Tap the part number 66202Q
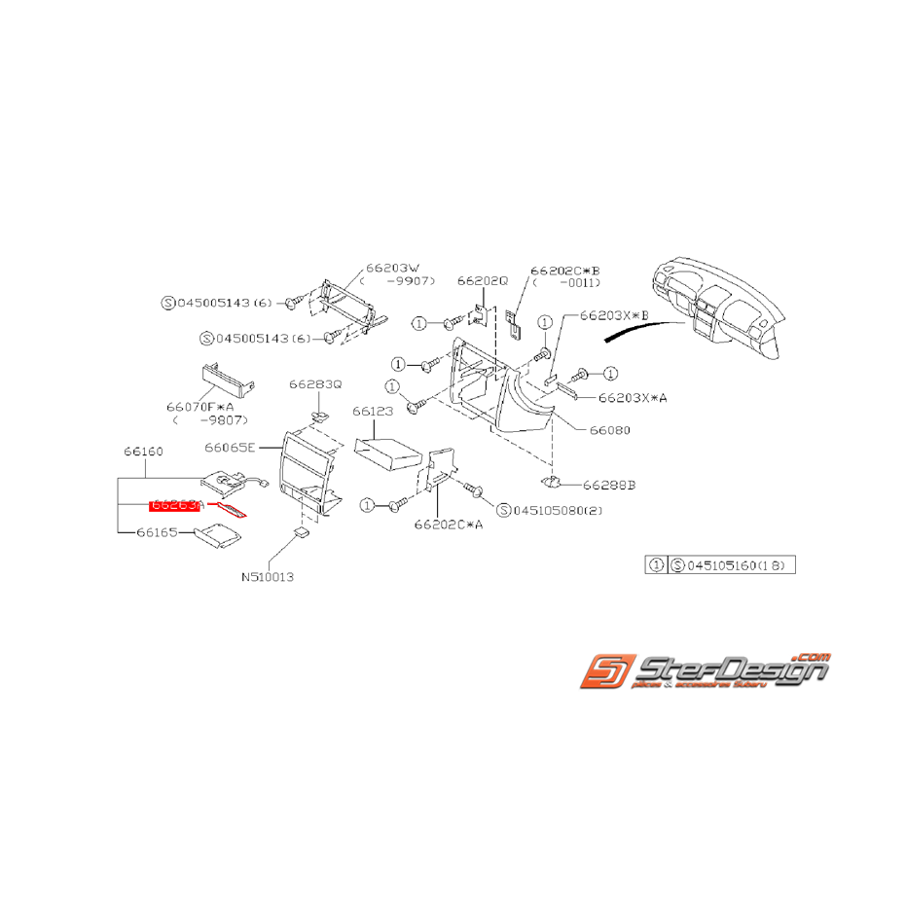pos(483,280)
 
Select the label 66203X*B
pos(613,316)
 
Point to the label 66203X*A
pos(633,397)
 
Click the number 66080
pos(611,429)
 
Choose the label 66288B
pos(610,484)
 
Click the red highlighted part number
pos(176,505)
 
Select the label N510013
pos(268,576)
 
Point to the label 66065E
pos(230,448)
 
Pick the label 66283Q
pos(315,384)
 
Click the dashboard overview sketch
pos(715,307)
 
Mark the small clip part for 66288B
pos(552,482)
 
